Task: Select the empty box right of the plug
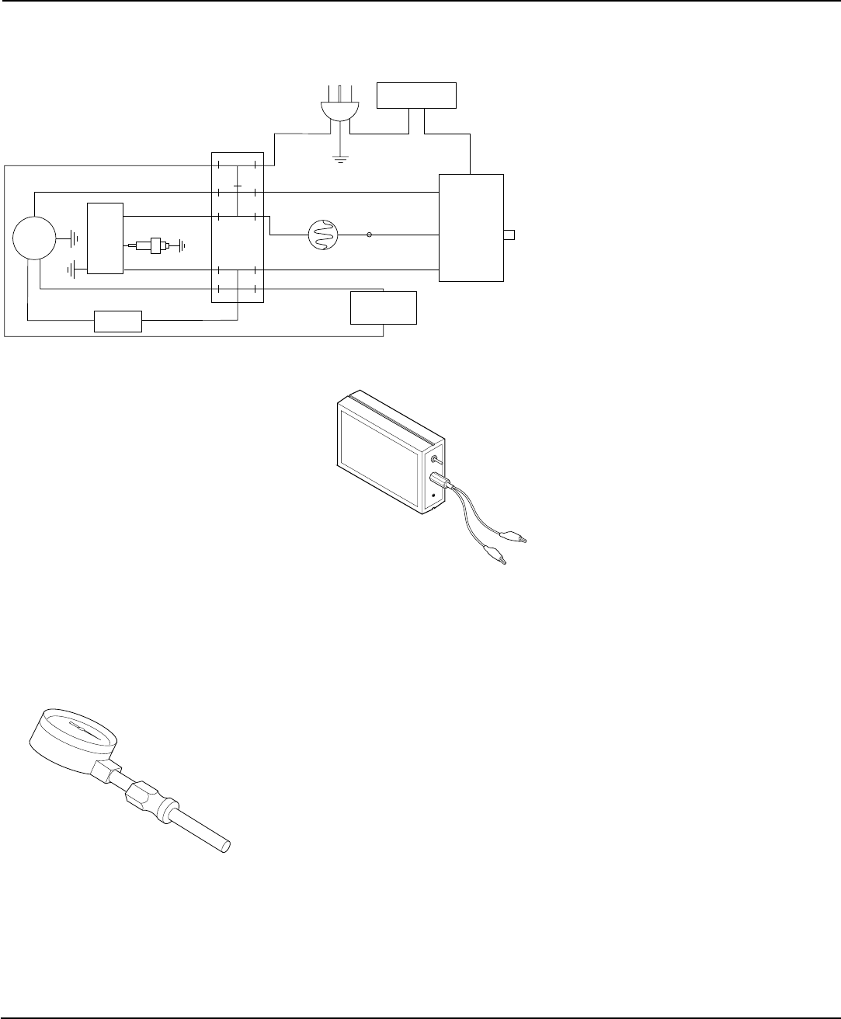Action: [x=416, y=95]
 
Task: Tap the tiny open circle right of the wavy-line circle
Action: [x=369, y=234]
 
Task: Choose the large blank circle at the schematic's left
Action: [x=34, y=238]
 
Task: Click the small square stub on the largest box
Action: [x=509, y=235]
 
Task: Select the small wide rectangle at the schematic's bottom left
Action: [x=118, y=321]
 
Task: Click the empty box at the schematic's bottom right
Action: [x=384, y=308]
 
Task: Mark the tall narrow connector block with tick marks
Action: [x=238, y=228]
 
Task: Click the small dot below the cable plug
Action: [x=433, y=496]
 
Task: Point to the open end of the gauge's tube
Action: [x=228, y=846]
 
